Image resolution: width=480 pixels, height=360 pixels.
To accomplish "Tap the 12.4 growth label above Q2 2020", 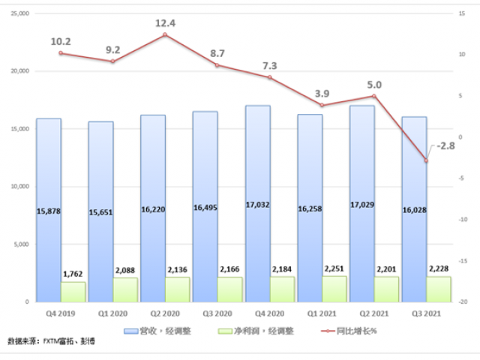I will pos(165,23).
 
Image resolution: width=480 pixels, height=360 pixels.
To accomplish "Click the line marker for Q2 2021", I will pos(373,96).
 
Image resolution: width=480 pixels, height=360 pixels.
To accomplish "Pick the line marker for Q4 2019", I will pos(61,53).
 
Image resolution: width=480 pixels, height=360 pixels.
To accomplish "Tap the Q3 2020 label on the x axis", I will pos(217,314).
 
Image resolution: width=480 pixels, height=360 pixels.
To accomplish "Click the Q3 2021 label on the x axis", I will pos(426,314).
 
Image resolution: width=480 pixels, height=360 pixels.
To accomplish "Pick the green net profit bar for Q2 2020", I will pos(178,289).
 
